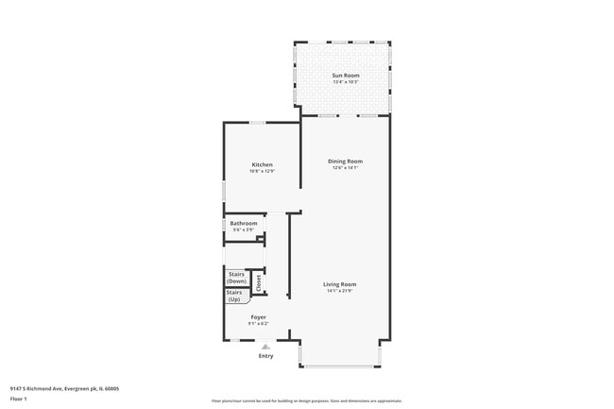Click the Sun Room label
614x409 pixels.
point(345,76)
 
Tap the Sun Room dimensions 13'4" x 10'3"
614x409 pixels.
point(345,82)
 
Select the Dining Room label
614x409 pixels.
point(345,162)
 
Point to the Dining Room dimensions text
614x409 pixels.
point(345,168)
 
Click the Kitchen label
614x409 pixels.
point(262,164)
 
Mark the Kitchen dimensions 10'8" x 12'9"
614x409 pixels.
point(262,171)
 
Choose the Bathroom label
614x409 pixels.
point(244,223)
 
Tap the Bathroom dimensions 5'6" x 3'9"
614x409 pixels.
point(244,230)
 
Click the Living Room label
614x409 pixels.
point(340,284)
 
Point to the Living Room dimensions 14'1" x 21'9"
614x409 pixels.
point(340,291)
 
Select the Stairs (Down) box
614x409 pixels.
point(237,278)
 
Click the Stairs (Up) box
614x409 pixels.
point(233,296)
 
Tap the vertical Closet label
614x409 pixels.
point(259,281)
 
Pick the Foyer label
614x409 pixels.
point(258,317)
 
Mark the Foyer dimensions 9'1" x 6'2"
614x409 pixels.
point(258,324)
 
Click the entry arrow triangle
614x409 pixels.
point(265,347)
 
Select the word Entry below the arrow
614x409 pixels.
point(265,356)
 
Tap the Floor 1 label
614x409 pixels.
point(18,399)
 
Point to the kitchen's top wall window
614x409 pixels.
point(256,123)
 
